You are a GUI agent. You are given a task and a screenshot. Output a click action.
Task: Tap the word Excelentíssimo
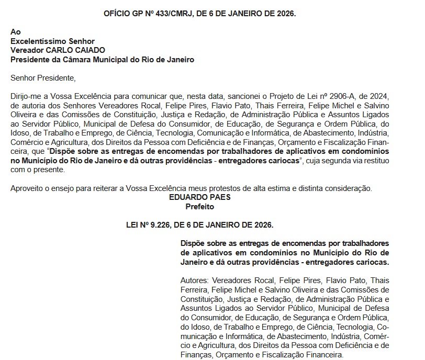[x=36, y=41]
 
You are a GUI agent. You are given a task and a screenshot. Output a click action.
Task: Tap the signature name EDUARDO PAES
[x=200, y=198]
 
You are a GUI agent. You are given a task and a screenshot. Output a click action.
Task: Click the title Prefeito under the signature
[x=200, y=207]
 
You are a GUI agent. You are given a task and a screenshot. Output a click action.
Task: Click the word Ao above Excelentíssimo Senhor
[x=16, y=31]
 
